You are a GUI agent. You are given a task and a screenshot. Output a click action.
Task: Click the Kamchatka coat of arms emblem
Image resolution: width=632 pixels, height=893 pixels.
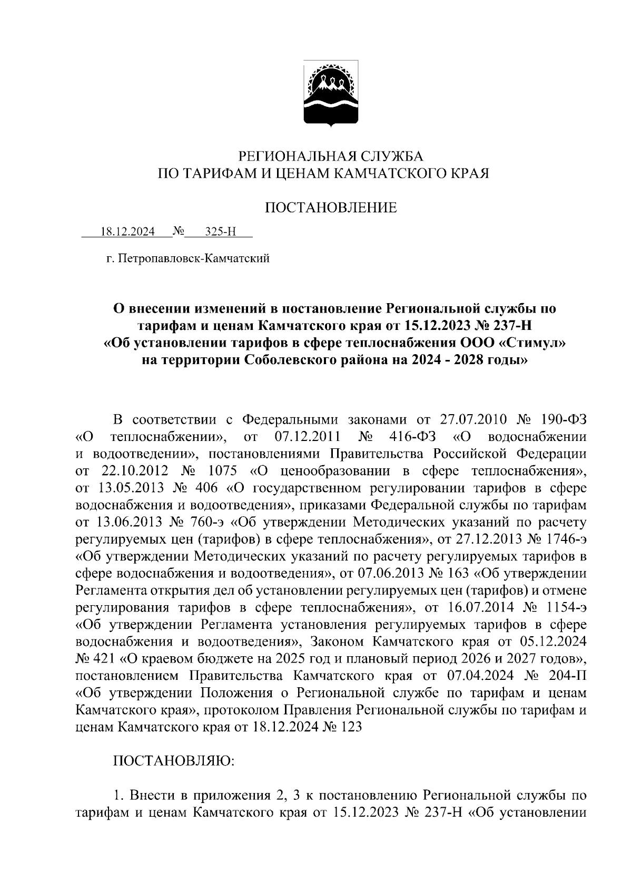[x=330, y=93]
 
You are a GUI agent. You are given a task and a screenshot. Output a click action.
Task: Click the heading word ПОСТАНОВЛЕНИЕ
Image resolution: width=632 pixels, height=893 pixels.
[x=330, y=208]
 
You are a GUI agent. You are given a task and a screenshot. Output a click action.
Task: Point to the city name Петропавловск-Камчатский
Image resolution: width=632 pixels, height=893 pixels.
[x=194, y=258]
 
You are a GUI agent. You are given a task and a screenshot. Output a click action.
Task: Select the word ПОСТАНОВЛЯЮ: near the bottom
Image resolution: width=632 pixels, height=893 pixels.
[x=174, y=761]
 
